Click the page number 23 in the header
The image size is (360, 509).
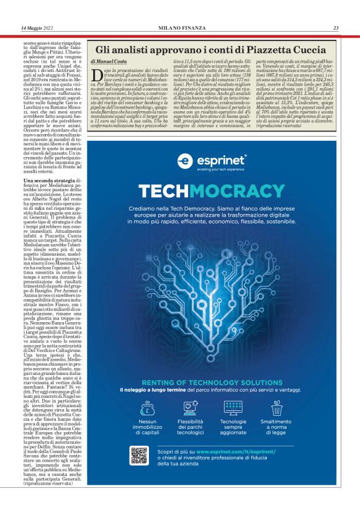336,27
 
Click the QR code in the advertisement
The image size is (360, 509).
139,455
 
